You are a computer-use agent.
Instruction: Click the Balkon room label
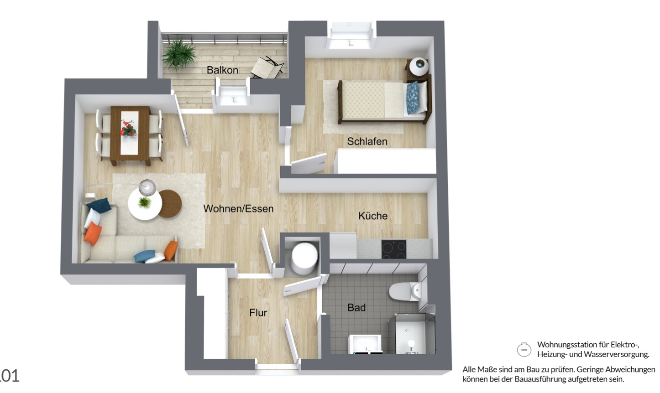tap(222, 70)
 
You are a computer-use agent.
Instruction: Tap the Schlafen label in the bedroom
tap(367, 141)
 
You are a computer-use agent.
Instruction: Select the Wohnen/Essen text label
tap(238, 209)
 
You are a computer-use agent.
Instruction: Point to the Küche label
tap(373, 216)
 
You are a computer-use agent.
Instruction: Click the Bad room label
tap(356, 308)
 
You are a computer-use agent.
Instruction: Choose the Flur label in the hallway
tap(258, 313)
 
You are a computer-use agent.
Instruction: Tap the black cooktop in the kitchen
tap(394, 249)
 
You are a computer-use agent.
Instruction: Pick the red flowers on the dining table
tap(129, 128)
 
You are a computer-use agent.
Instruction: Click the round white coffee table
tap(144, 205)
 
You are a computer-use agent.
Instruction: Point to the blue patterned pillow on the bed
tap(412, 97)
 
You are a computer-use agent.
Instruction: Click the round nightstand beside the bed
tap(419, 66)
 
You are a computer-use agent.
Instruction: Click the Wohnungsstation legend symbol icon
tap(524, 350)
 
